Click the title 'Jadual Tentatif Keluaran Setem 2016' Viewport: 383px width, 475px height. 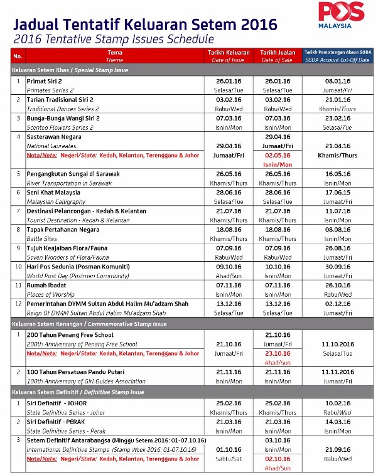145,24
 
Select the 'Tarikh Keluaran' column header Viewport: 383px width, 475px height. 229,53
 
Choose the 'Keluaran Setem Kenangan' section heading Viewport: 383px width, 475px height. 85,324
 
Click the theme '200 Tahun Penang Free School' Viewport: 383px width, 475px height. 68,335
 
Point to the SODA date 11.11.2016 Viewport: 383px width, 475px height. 338,372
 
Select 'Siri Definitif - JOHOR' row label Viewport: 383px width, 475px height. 55,402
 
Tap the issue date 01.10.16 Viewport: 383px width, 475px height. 229,449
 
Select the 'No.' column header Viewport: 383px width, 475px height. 18,56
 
